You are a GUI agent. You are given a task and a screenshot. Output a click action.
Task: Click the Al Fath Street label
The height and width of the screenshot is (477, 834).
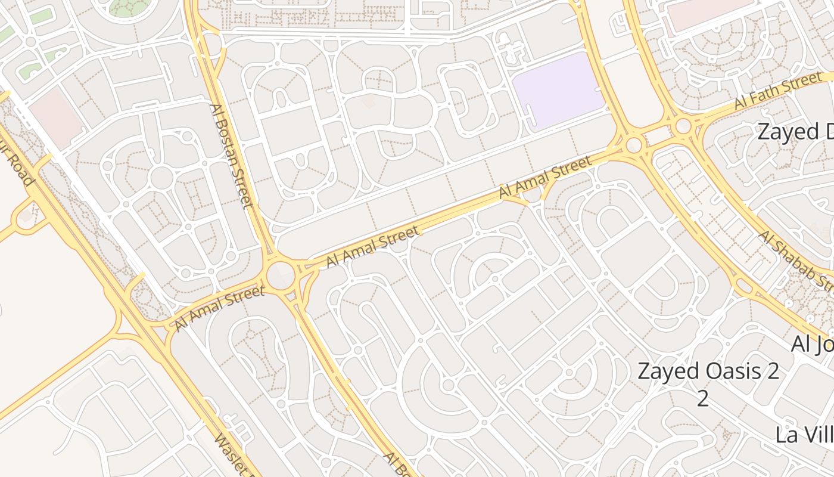click(x=778, y=92)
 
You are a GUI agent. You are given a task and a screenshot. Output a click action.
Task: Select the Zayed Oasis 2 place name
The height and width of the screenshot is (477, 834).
click(x=708, y=371)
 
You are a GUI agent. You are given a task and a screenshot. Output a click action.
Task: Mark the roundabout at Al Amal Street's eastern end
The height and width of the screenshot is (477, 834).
click(x=633, y=145)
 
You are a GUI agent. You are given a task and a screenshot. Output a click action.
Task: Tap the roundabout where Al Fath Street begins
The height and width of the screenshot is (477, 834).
click(x=683, y=126)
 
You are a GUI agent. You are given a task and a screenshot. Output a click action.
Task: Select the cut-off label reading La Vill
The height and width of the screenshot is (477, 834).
click(x=804, y=435)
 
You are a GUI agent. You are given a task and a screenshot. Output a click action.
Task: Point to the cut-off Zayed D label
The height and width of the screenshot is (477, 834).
click(x=795, y=132)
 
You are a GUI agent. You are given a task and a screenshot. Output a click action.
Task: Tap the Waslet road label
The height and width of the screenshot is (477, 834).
click(x=230, y=456)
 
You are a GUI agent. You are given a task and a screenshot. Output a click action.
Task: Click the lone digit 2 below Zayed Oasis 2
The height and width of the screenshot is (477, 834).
click(x=703, y=399)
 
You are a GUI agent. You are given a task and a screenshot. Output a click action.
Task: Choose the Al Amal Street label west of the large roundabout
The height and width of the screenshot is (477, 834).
click(x=219, y=308)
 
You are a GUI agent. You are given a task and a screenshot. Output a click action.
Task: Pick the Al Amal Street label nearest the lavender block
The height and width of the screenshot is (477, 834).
click(x=545, y=177)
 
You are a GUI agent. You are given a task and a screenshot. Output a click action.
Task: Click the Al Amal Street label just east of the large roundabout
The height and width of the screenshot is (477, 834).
click(x=373, y=246)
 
